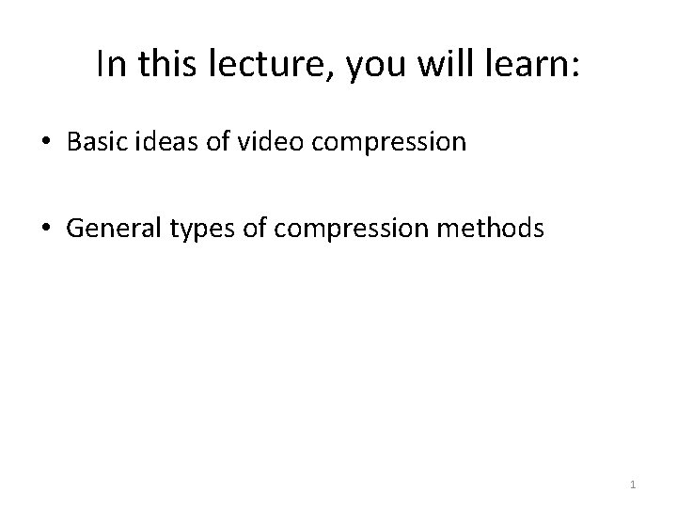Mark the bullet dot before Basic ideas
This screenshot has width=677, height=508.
46,142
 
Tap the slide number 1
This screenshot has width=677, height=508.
633,484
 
